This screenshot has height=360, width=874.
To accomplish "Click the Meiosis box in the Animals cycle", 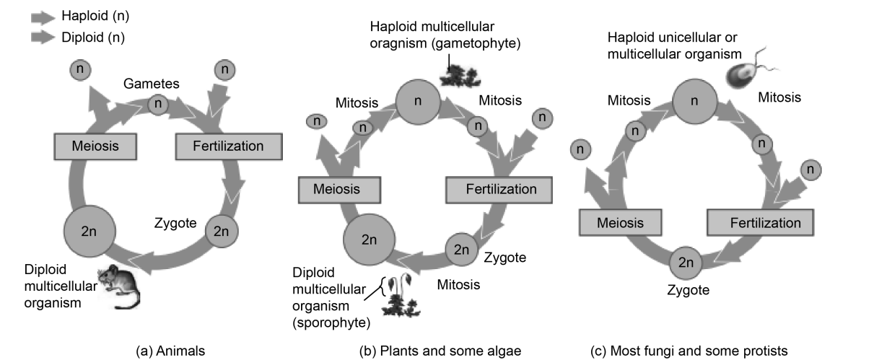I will (x=94, y=146).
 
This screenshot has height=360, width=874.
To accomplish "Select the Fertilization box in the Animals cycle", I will (x=229, y=146).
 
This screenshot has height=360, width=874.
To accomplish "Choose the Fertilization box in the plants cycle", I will (x=501, y=190).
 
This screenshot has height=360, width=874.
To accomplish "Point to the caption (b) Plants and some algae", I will (x=440, y=351).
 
